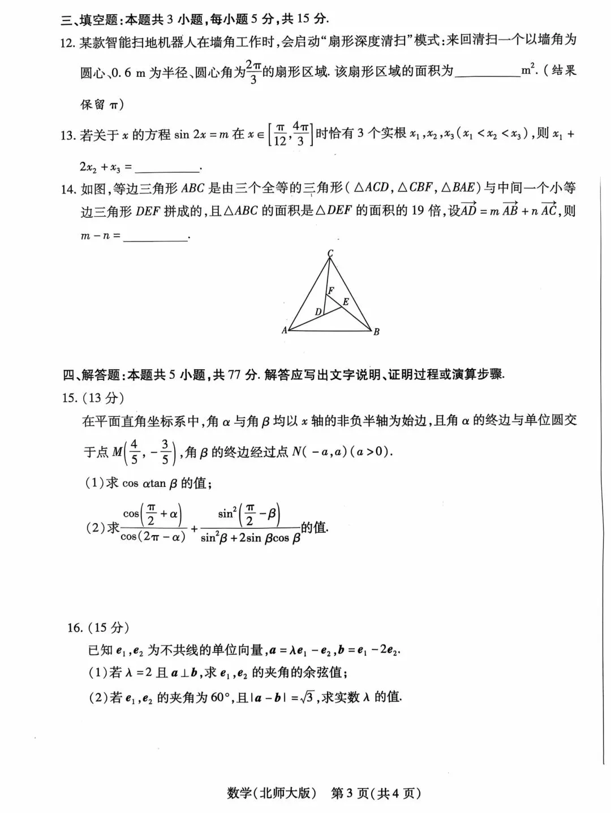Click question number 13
[68, 136]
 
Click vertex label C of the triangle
[330, 253]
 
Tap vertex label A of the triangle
[285, 330]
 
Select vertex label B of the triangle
[376, 332]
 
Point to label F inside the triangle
[331, 290]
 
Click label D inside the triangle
[319, 311]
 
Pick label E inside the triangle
[346, 302]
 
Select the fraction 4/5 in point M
[134, 452]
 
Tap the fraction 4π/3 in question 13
[300, 134]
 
